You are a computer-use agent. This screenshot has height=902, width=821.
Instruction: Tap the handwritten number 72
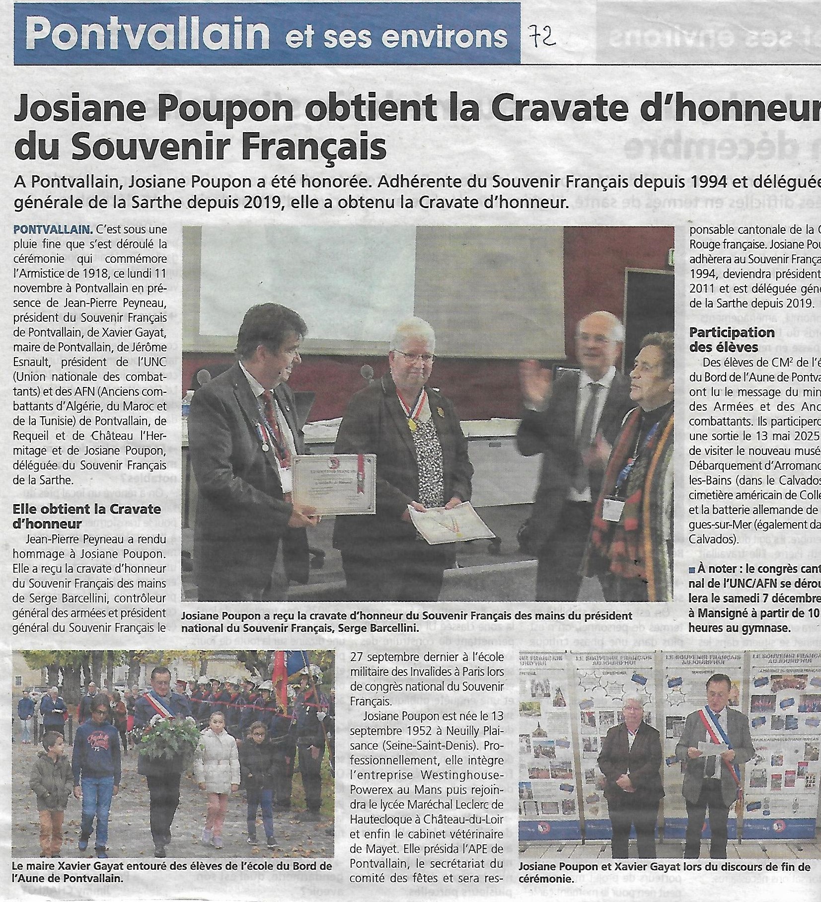coord(541,36)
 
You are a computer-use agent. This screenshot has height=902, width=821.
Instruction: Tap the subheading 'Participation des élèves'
coord(725,339)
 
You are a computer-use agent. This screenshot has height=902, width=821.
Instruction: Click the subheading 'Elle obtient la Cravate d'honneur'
coord(87,516)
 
